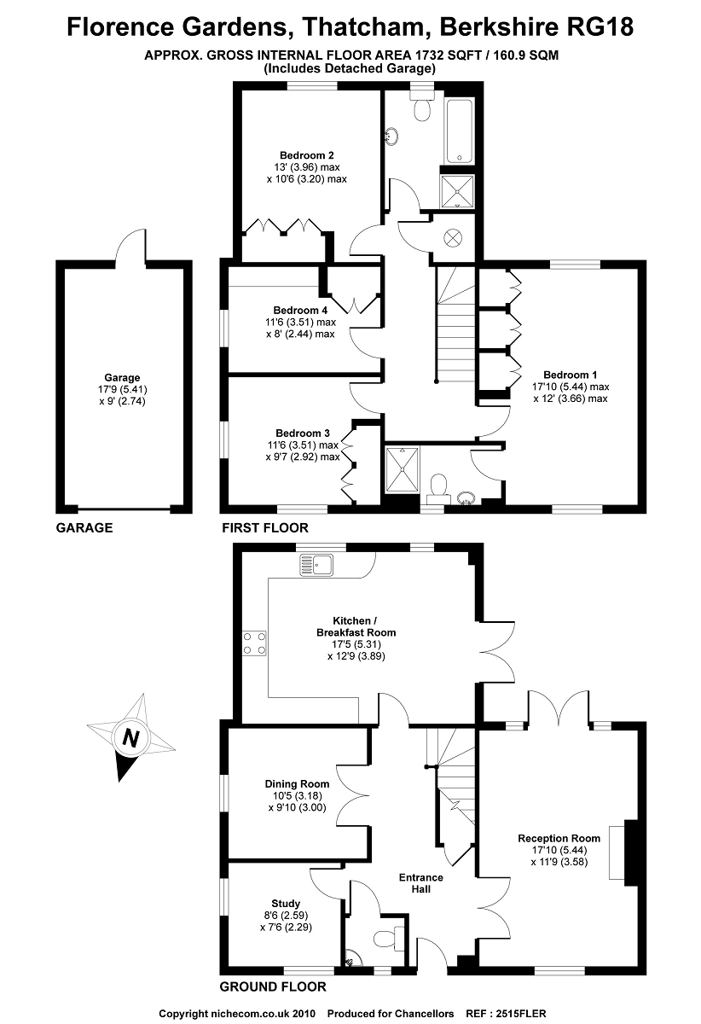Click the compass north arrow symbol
coord(129,737)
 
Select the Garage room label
coord(122,377)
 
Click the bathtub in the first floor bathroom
coord(459,130)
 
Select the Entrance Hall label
coord(421,883)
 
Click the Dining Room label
coord(296,784)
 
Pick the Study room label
coord(286,904)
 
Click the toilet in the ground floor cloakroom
coord(388,938)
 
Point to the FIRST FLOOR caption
coord(265,528)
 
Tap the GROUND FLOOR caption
coord(273,987)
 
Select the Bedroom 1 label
coord(571,375)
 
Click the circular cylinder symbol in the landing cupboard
coord(452,236)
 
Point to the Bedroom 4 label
coord(300,310)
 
